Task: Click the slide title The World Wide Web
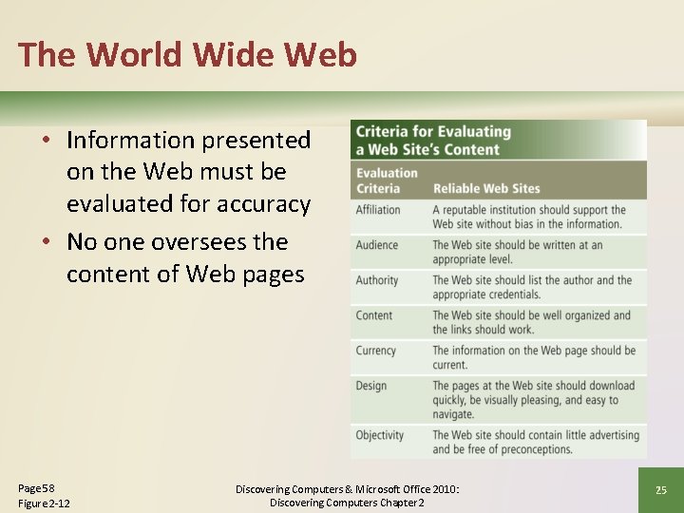pyautogui.click(x=187, y=54)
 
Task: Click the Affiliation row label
pyautogui.click(x=378, y=210)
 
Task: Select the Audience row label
pyautogui.click(x=377, y=245)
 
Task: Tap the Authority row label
pyautogui.click(x=377, y=280)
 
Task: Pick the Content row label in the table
pyautogui.click(x=374, y=315)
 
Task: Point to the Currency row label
pyautogui.click(x=376, y=351)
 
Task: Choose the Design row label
pyautogui.click(x=371, y=386)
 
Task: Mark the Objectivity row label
pyautogui.click(x=380, y=435)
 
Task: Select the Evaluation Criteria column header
pyautogui.click(x=387, y=180)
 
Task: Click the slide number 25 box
pyautogui.click(x=660, y=490)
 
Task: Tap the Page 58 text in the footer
pyautogui.click(x=37, y=487)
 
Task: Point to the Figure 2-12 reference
pyautogui.click(x=44, y=503)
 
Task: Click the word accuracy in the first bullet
pyautogui.click(x=264, y=204)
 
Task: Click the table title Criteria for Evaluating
pyautogui.click(x=433, y=132)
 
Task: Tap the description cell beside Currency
pyautogui.click(x=534, y=357)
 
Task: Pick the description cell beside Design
pyautogui.click(x=534, y=400)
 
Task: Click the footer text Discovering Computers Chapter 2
pyautogui.click(x=347, y=503)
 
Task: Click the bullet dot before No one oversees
pyautogui.click(x=47, y=242)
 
